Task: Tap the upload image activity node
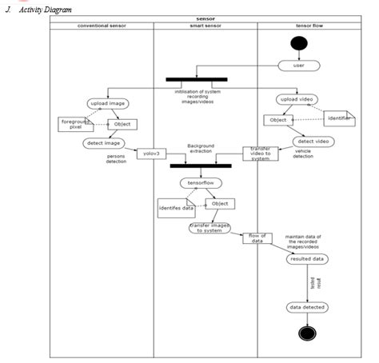click(109, 104)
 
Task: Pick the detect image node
click(102, 143)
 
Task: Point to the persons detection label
click(116, 159)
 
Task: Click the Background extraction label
click(201, 150)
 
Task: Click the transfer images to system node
click(209, 228)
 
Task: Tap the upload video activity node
click(298, 100)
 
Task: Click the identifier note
click(339, 118)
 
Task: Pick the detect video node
click(312, 141)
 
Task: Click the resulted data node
click(307, 259)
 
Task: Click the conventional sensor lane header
click(102, 26)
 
